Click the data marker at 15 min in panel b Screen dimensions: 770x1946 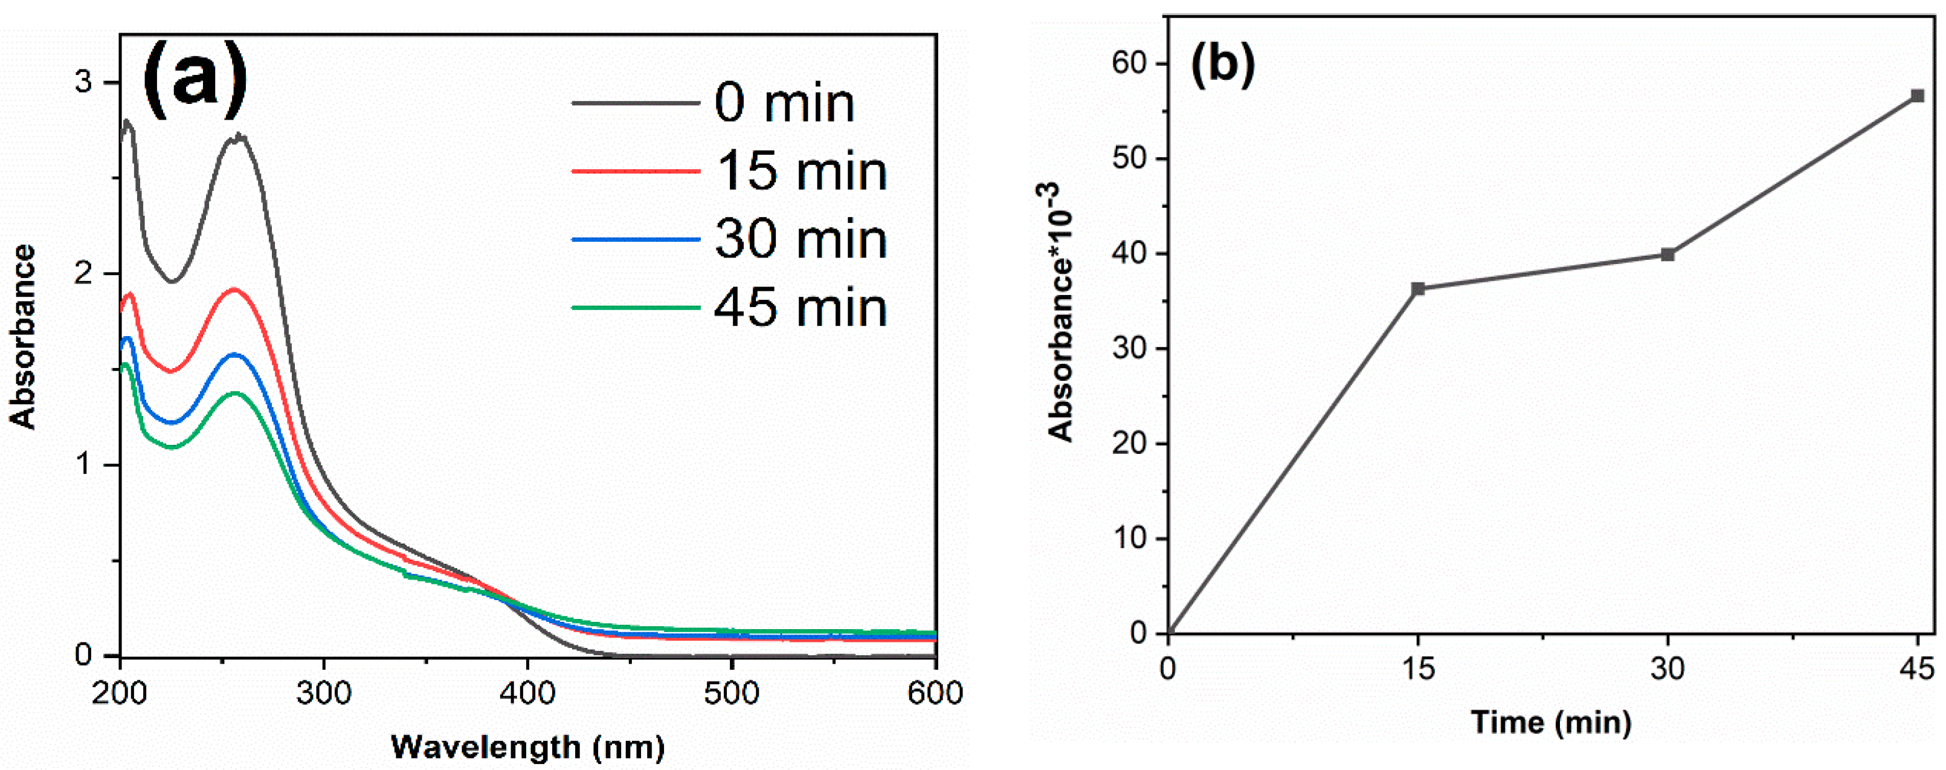tap(1418, 289)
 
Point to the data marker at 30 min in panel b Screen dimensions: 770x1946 tap(1668, 254)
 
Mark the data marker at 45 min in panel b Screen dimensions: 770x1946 tap(1917, 96)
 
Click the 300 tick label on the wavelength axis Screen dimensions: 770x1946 tap(323, 693)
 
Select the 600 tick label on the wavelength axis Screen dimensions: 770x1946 tap(935, 693)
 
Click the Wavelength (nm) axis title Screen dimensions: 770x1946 tap(527, 747)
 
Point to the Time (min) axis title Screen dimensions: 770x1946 tap(1550, 722)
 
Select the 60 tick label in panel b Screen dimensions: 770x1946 tap(1129, 63)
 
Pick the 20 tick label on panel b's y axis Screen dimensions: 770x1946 tap(1129, 444)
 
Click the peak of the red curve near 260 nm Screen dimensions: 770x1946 tap(234, 290)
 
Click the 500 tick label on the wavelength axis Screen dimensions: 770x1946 tap(731, 693)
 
